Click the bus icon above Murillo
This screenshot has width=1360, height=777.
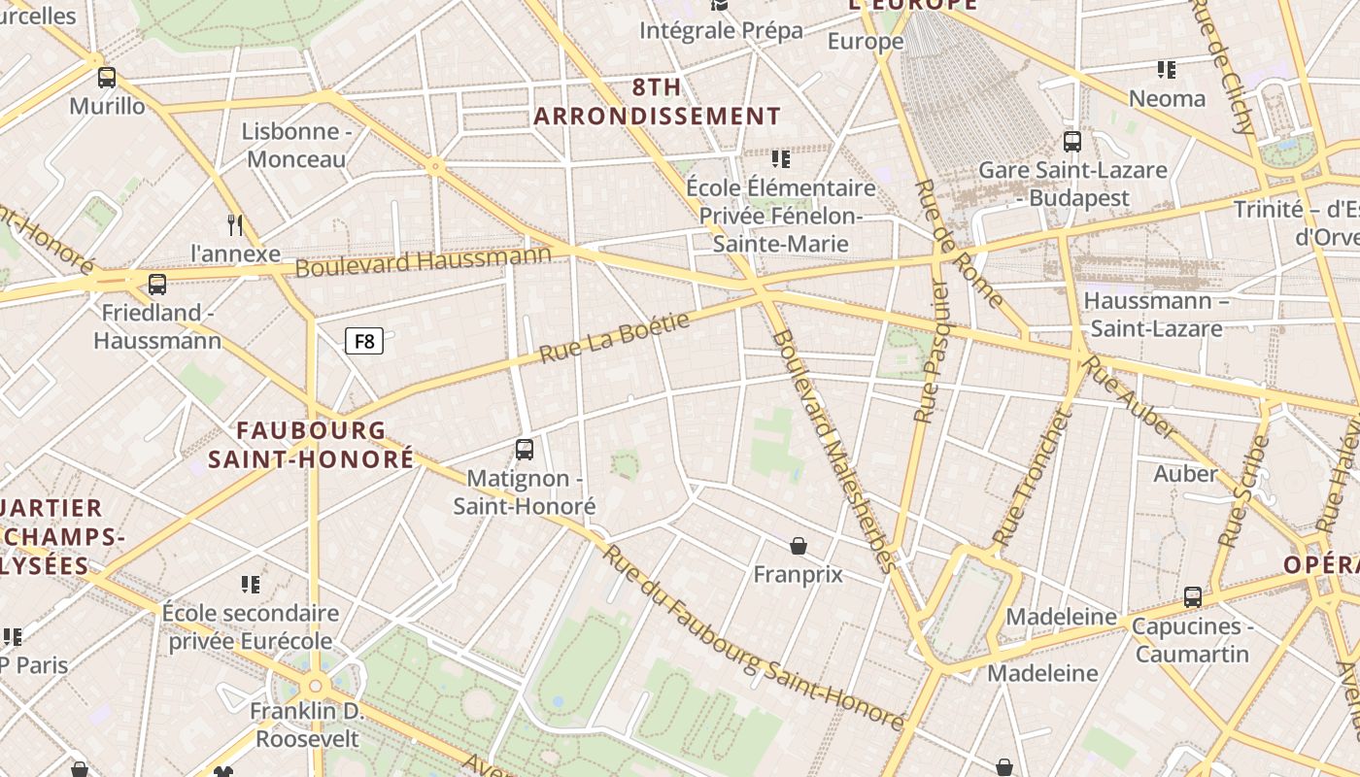[107, 78]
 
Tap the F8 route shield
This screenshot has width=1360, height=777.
[364, 341]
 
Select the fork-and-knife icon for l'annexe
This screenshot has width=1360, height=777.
[235, 225]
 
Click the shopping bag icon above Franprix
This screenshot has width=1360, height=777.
[798, 546]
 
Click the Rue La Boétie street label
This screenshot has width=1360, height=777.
[614, 337]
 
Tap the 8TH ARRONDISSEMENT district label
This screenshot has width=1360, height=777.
[657, 102]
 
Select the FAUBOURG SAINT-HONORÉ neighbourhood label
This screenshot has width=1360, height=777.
[311, 445]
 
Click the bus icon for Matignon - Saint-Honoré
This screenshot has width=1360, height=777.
[525, 449]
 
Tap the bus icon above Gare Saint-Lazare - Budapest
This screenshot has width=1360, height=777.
[1072, 142]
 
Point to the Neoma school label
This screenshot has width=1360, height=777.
[1167, 99]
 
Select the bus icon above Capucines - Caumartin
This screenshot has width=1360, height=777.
[1193, 597]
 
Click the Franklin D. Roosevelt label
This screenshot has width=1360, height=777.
[305, 725]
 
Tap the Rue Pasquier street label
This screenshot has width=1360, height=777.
[931, 350]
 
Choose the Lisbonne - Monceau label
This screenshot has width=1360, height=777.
[296, 146]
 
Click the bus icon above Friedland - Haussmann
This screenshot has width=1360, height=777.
[157, 285]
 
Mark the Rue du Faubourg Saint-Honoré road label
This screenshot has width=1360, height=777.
[753, 638]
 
